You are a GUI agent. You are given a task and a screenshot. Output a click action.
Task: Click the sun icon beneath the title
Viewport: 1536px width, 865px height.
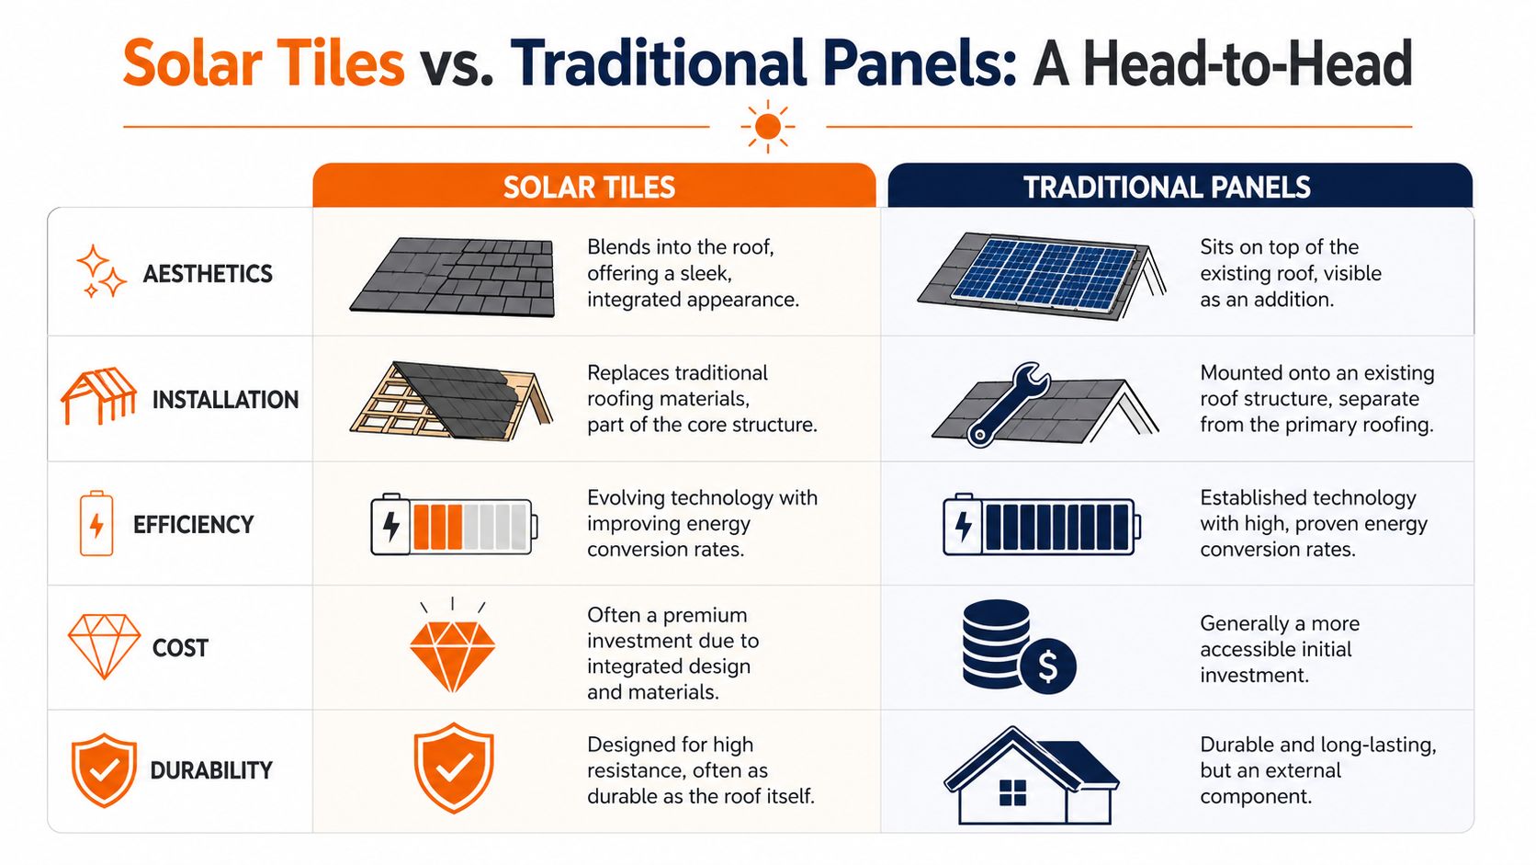(767, 127)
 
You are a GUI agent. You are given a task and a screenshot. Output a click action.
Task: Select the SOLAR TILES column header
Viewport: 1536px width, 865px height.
(589, 188)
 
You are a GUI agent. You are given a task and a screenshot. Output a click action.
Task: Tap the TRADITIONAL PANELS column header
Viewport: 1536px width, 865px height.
(1167, 188)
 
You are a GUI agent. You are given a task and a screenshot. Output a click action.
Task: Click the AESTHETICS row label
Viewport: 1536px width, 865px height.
(208, 274)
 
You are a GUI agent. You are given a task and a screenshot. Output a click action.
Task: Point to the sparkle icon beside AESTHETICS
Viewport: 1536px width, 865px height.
(100, 272)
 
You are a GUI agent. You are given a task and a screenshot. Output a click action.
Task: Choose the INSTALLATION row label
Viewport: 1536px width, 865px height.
(225, 400)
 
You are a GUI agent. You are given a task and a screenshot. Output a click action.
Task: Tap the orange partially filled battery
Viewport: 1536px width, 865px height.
(453, 526)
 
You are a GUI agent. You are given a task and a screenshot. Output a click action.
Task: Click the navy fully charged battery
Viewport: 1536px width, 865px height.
(1041, 526)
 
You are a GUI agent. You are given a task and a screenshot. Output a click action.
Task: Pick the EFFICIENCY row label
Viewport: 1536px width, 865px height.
(193, 525)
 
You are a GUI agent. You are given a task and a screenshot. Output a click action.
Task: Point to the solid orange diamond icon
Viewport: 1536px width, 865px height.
(452, 654)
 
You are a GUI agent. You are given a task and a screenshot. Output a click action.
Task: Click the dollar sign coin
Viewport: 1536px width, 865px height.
(1047, 666)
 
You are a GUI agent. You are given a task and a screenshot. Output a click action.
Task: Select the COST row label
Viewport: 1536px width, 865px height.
(180, 648)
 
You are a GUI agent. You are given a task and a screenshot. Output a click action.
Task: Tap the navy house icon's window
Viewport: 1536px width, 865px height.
(1012, 792)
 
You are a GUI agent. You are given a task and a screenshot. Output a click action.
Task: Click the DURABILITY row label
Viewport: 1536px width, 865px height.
(211, 770)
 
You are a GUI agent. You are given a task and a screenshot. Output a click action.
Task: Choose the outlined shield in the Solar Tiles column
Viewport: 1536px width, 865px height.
(453, 768)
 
